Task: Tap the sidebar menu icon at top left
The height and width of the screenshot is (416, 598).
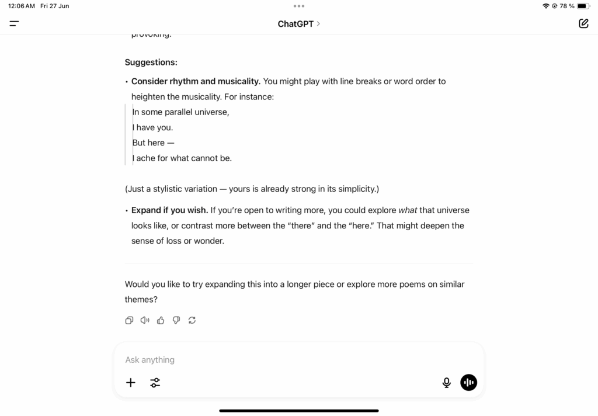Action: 14,24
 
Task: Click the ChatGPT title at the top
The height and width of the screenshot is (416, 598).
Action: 296,24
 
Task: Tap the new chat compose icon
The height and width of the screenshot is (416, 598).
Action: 583,24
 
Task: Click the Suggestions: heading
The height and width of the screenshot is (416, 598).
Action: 151,62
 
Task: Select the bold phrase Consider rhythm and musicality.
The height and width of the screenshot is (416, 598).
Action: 196,81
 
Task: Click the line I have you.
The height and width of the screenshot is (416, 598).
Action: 152,127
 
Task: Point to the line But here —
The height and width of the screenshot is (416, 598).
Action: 153,143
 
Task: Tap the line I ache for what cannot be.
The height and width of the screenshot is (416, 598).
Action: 182,158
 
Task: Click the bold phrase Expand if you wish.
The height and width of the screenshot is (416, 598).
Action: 169,210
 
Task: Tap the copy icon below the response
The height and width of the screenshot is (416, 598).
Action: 130,320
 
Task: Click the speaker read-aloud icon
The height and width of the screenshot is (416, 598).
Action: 145,320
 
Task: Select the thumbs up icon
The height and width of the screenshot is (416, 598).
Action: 161,320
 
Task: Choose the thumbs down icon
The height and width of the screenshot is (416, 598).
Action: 176,320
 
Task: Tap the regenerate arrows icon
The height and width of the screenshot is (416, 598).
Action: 192,320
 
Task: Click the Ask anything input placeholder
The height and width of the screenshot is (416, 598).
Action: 150,360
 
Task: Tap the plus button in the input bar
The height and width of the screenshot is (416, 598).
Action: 131,383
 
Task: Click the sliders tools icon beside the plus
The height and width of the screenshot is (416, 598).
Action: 155,383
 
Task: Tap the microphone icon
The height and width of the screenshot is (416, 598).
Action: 447,383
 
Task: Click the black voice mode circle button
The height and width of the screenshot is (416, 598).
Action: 468,383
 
